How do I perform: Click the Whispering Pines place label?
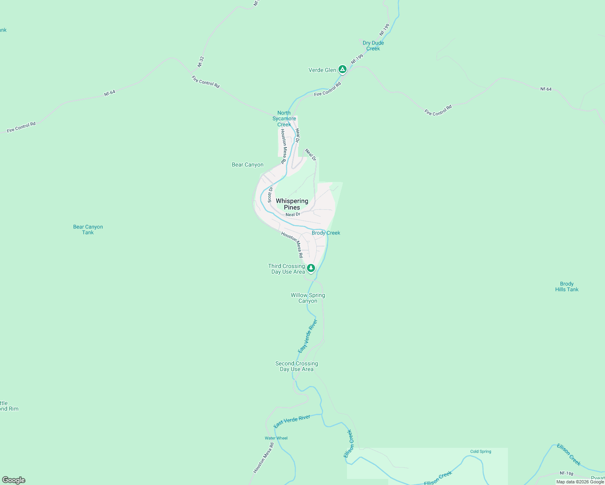(x=292, y=204)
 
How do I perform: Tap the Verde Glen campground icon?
(x=343, y=70)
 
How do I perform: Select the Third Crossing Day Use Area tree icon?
(x=311, y=268)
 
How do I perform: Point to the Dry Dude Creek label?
(x=373, y=46)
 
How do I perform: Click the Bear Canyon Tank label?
(x=88, y=230)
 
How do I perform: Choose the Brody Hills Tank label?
(x=567, y=287)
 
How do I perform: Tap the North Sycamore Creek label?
(x=284, y=119)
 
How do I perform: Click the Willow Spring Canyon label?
(x=308, y=298)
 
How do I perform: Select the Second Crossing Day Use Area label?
(x=296, y=366)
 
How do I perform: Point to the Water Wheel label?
(x=276, y=438)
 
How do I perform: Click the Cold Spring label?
(x=480, y=451)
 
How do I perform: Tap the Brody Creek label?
(x=326, y=233)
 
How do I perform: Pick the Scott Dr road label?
(x=270, y=194)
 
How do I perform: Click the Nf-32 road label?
(x=201, y=61)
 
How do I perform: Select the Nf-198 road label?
(x=567, y=473)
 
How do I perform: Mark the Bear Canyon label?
(x=247, y=164)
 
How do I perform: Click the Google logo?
(x=14, y=480)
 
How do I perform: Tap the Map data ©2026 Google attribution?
(x=580, y=482)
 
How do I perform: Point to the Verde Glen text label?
(x=322, y=70)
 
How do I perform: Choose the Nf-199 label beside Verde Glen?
(x=357, y=59)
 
